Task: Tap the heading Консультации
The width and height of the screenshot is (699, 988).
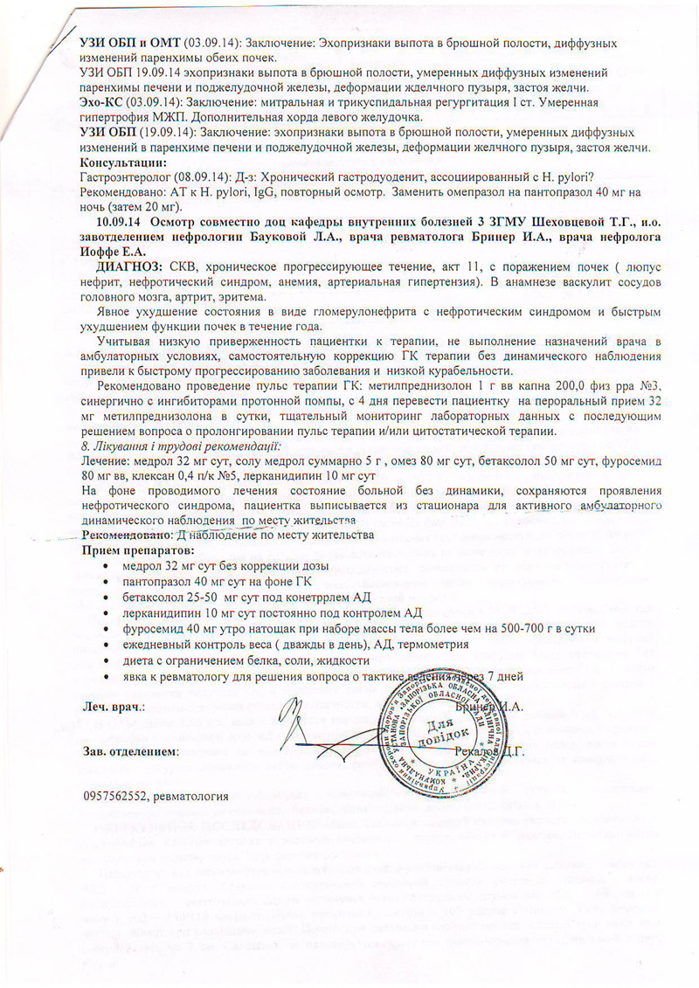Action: pyautogui.click(x=118, y=163)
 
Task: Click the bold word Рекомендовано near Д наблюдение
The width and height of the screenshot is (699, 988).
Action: pyautogui.click(x=126, y=535)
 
